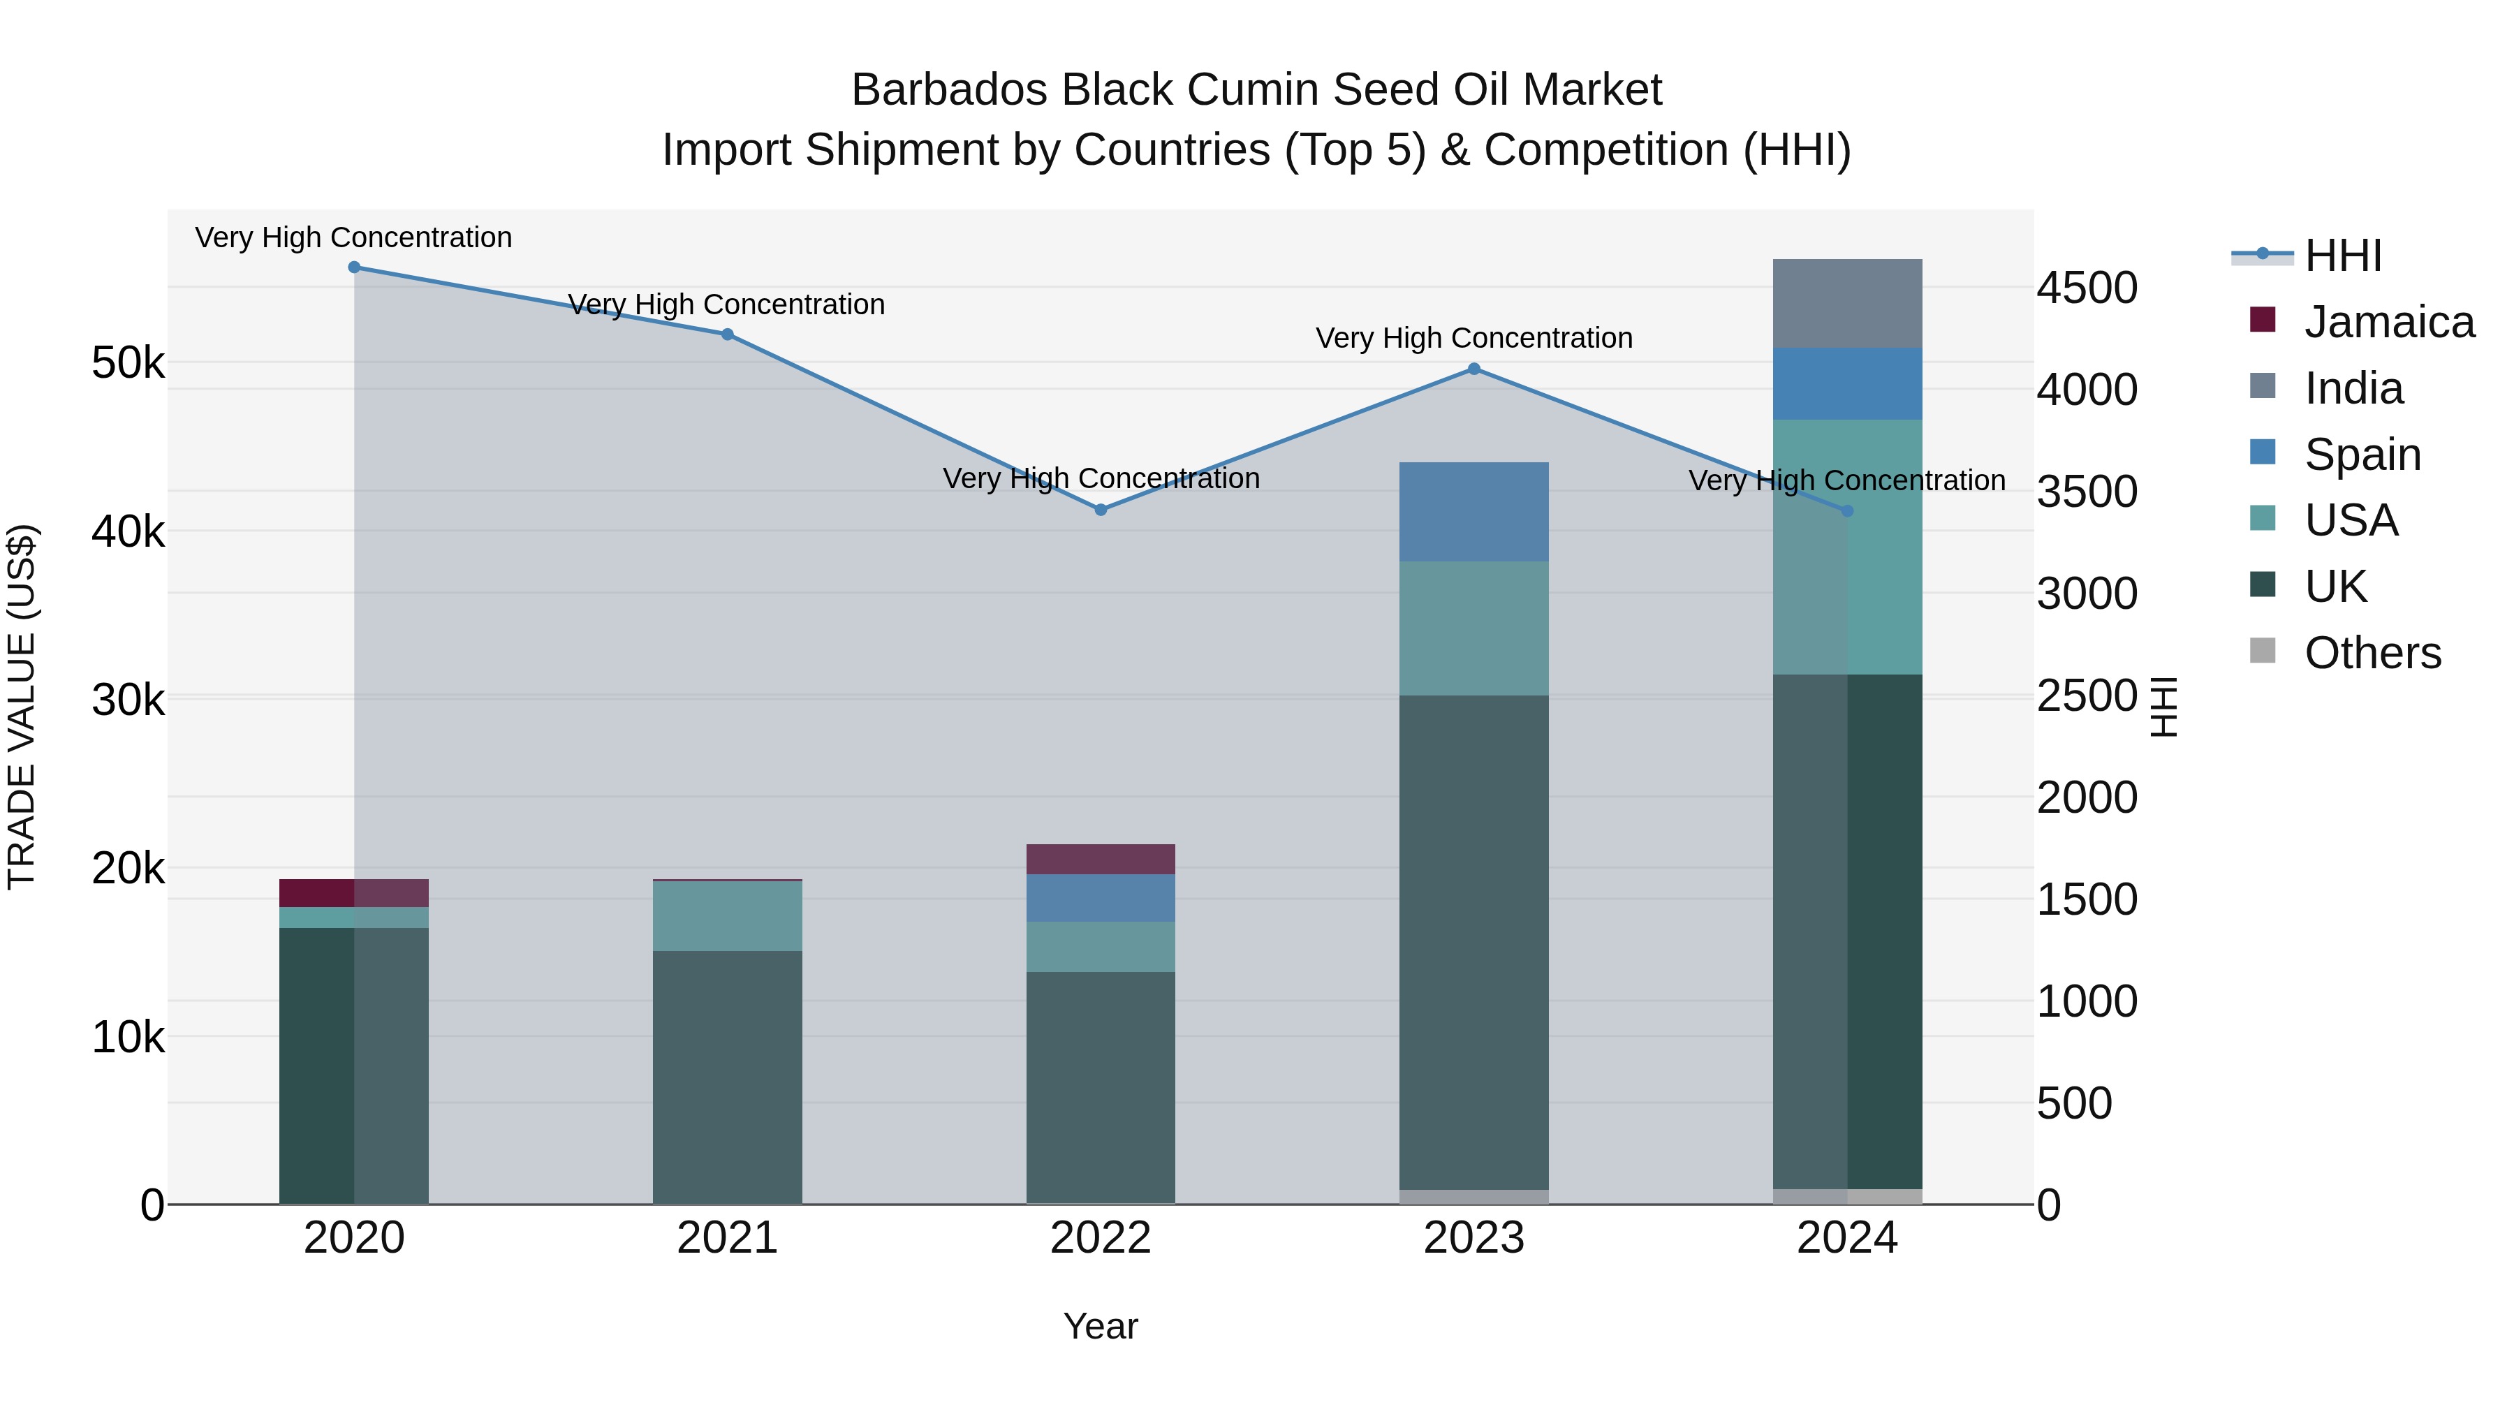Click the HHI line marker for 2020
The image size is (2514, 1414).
pos(354,267)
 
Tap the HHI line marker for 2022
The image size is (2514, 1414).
pos(1101,510)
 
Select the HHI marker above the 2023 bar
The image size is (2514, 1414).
pos(1473,369)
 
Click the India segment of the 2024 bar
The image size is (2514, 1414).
pos(1846,304)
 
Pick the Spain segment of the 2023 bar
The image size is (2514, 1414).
pos(1473,511)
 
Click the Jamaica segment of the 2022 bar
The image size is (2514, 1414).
pos(1100,859)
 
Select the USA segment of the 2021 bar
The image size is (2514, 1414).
pos(727,915)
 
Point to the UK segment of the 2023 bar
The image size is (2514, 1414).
pos(1473,942)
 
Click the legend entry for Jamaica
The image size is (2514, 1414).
pos(2388,322)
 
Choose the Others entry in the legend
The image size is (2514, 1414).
pos(2372,653)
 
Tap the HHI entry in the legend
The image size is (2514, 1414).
pos(2342,256)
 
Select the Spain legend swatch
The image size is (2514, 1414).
pos(2262,452)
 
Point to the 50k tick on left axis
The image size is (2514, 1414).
pos(128,363)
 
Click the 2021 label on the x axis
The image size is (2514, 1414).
pos(727,1238)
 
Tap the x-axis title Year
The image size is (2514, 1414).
pos(1100,1326)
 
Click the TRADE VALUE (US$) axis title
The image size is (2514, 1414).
pos(22,707)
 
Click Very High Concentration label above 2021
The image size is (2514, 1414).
pos(726,304)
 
